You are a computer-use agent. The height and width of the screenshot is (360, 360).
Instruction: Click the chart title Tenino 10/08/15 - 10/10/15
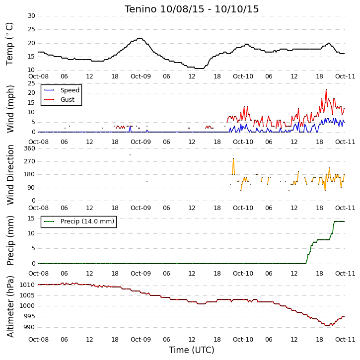point(192,9)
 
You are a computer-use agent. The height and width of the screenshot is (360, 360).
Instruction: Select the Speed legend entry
point(62,90)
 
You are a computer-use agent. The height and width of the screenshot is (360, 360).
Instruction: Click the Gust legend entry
point(59,100)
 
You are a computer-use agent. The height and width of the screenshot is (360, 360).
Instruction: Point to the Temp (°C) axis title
point(9,44)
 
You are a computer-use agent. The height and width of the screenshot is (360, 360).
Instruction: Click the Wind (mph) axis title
point(10,109)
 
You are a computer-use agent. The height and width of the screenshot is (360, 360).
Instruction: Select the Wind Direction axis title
point(10,175)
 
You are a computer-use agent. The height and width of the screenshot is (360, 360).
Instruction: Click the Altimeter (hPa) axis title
point(10,306)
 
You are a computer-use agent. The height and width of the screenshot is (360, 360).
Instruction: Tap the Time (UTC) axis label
point(192,350)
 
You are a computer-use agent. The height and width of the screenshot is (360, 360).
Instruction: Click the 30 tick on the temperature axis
point(31,16)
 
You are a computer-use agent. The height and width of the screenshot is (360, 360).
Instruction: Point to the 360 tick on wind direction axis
point(30,148)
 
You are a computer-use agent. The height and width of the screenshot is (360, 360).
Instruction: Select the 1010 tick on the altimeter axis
point(27,285)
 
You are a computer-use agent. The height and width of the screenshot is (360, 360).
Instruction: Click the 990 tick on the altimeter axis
point(29,327)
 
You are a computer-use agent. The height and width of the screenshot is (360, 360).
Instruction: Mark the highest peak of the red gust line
point(326,89)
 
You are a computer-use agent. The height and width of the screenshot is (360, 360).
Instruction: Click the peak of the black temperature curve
point(140,38)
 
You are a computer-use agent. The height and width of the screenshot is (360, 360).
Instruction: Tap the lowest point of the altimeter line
point(327,325)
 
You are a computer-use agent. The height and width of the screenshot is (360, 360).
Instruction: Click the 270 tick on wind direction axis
point(30,161)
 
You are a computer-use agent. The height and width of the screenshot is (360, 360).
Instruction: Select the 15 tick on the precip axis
point(31,218)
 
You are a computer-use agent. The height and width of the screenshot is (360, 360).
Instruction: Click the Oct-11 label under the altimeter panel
point(345,339)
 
